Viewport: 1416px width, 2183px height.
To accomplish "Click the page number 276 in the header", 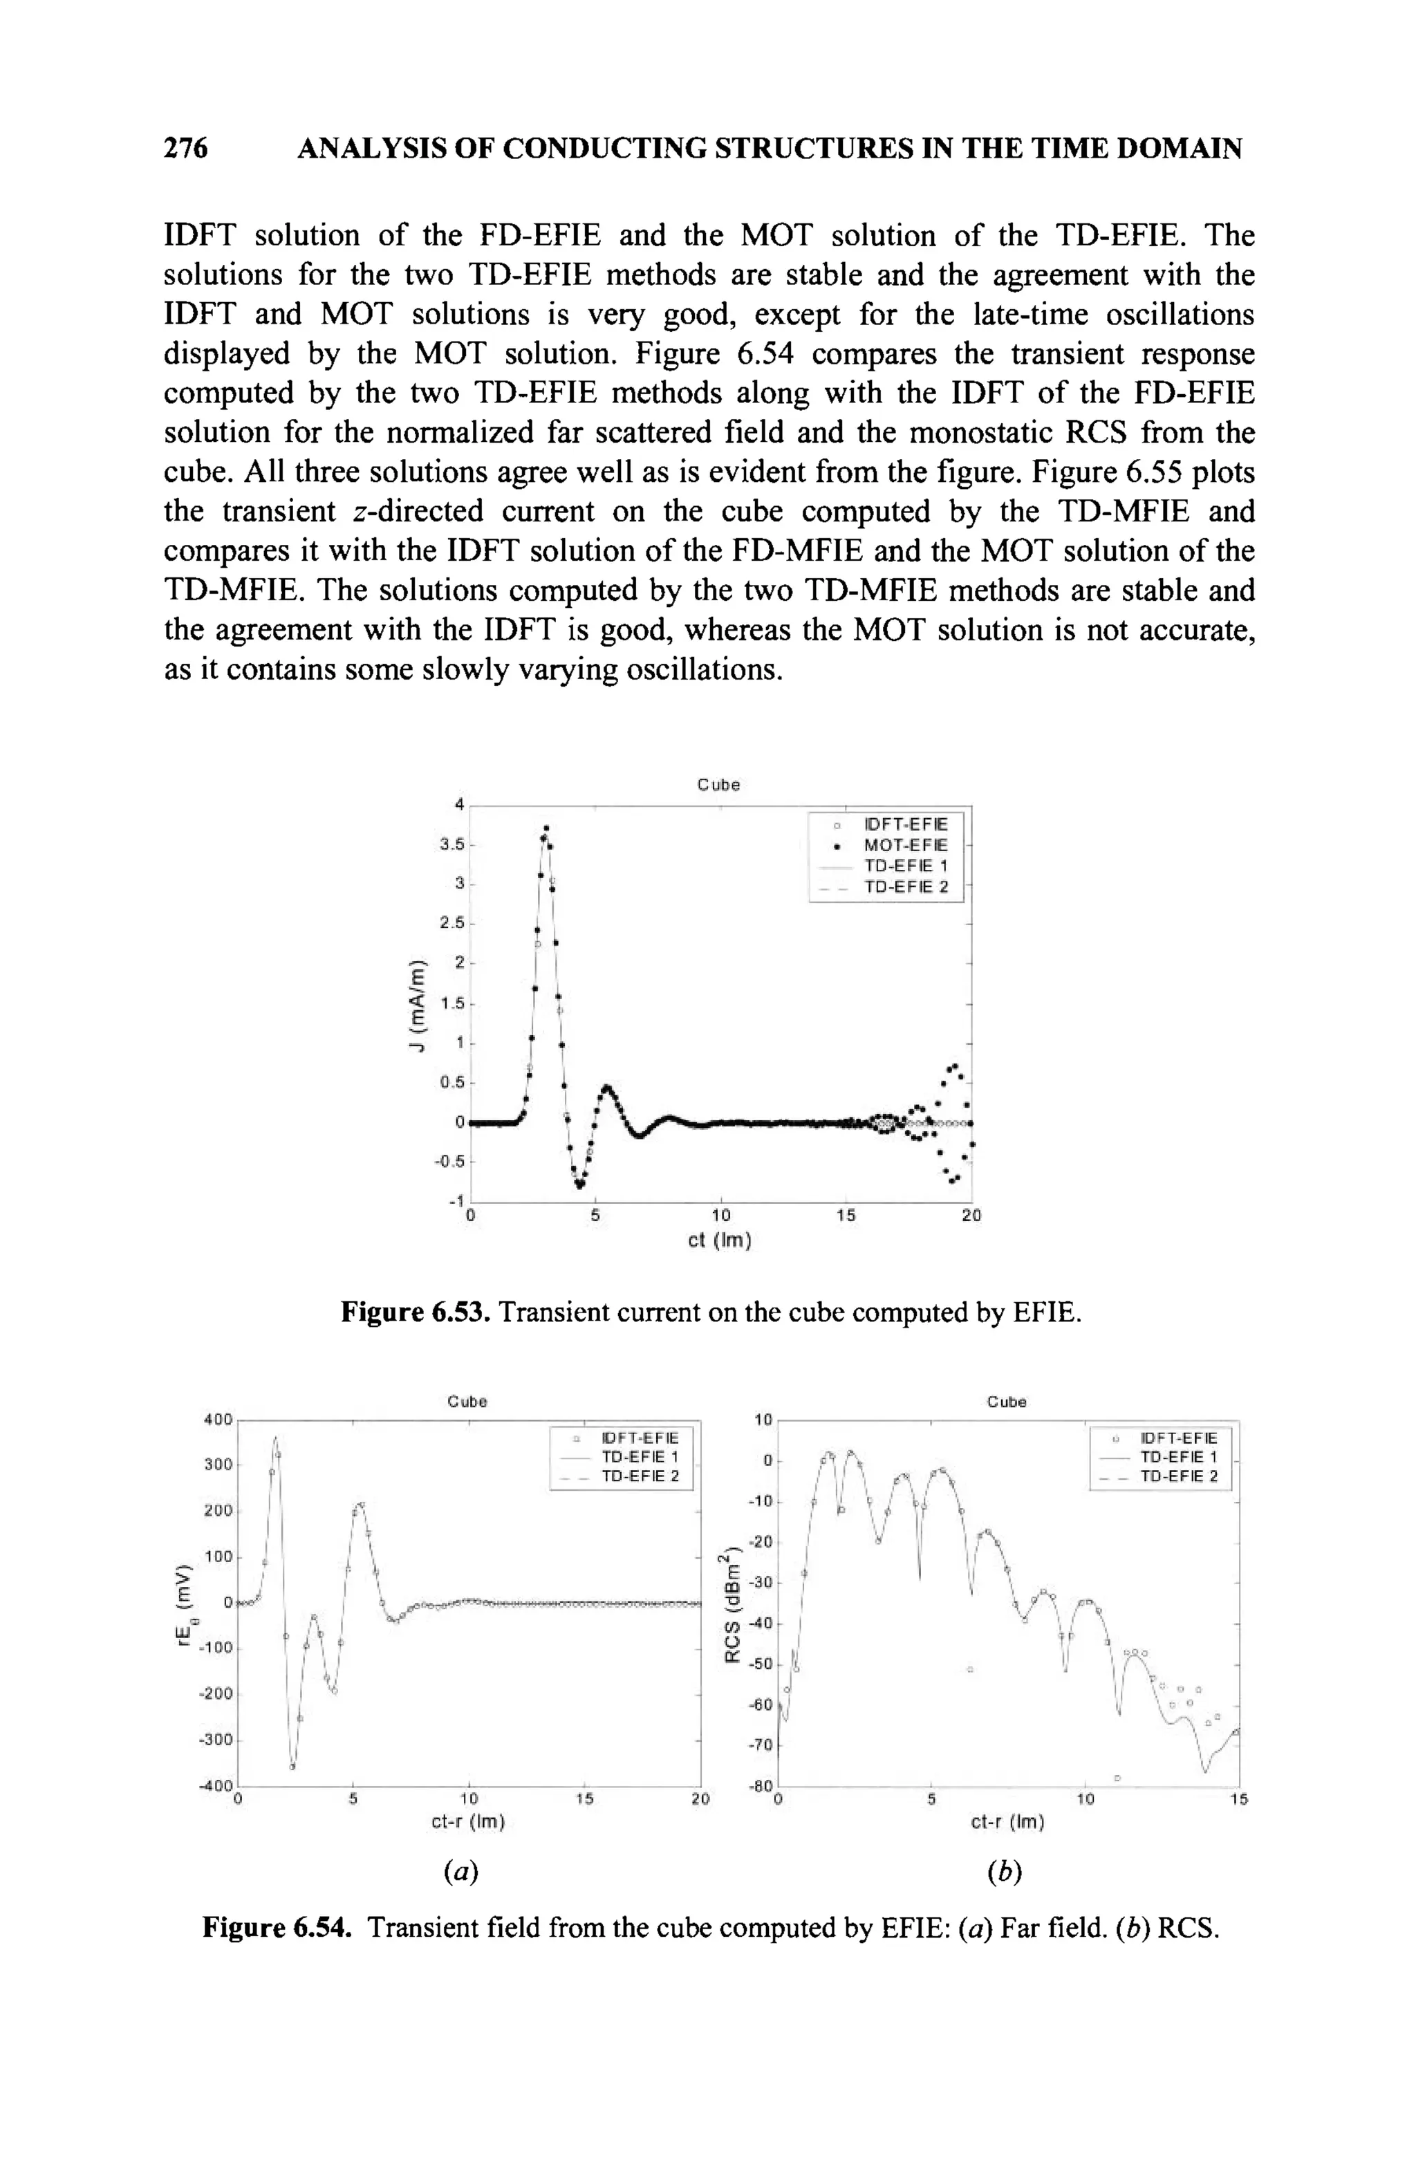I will coord(185,148).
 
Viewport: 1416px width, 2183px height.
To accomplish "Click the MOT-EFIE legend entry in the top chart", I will coord(905,844).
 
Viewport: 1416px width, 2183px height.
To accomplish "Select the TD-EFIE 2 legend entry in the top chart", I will coord(905,887).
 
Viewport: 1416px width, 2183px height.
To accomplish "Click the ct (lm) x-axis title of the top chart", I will coord(720,1241).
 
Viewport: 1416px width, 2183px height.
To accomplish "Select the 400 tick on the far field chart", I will coord(218,1419).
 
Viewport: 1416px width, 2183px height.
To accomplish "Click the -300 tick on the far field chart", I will coord(216,1740).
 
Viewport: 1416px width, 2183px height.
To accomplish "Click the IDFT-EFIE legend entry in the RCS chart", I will coord(1177,1438).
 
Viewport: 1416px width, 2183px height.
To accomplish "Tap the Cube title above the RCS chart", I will coord(1006,1402).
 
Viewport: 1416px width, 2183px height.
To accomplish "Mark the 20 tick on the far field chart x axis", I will coord(700,1800).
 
